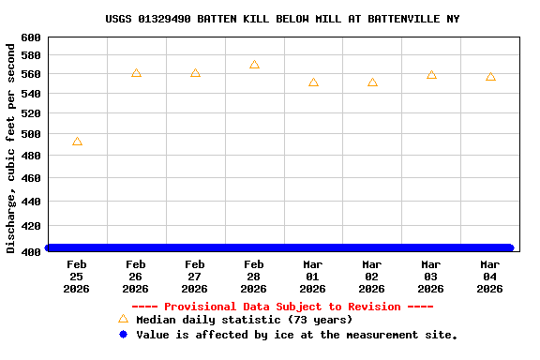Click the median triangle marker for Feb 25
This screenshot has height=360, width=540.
pos(77,142)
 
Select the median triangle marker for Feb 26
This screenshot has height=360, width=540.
pos(136,73)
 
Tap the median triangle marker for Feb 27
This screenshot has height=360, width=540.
pos(195,73)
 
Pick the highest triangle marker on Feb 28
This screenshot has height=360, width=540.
pos(254,65)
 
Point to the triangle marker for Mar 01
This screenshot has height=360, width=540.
pos(313,82)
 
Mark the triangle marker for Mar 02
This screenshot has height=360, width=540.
pos(372,82)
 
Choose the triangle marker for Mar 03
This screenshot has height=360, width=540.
pos(431,75)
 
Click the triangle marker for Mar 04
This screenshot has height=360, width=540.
pos(490,77)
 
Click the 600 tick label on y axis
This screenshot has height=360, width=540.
pos(30,37)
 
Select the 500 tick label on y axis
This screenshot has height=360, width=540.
pos(30,134)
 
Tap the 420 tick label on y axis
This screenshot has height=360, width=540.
pos(30,226)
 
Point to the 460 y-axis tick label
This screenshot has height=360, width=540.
pos(30,178)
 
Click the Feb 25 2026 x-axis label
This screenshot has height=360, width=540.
pos(77,277)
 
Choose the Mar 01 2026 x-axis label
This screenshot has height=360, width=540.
pos(313,277)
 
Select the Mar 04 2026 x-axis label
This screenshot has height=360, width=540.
pos(490,277)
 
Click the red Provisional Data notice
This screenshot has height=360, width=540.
pos(282,307)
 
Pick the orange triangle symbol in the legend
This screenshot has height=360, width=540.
pos(123,320)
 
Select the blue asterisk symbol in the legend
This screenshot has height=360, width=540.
pos(123,335)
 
